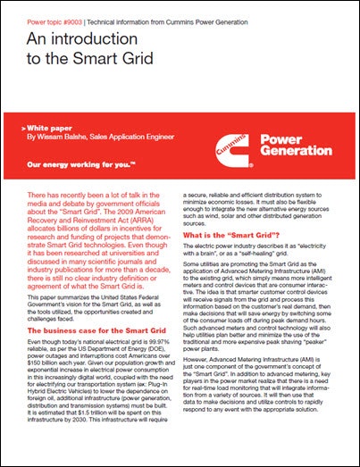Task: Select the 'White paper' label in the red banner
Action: pos(48,129)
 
